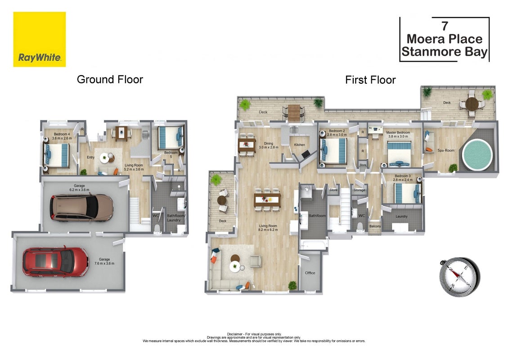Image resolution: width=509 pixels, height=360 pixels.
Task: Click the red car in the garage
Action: coord(55,261)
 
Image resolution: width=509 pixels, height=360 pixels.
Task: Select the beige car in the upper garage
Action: coord(81,208)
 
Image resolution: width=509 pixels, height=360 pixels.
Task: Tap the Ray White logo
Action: coord(40,39)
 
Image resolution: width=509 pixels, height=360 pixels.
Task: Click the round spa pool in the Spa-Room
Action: coord(477,155)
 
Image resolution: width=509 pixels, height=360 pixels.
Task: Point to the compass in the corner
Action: coord(459,277)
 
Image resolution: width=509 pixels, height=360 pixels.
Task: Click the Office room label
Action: coord(310,273)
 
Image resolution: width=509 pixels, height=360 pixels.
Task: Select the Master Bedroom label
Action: coord(398,132)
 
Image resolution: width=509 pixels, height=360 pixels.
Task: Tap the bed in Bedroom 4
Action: coord(57,156)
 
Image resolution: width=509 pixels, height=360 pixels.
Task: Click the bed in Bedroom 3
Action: coord(407,193)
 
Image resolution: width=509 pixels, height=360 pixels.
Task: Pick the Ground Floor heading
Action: coord(110,80)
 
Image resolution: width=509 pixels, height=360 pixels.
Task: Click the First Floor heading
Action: coord(370,80)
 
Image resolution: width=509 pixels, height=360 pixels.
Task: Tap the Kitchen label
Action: coord(299,145)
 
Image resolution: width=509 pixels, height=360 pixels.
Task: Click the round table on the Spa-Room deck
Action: coord(472,104)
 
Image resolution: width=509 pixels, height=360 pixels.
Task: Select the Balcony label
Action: coord(375,226)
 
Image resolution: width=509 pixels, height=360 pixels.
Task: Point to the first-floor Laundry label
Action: coord(401,216)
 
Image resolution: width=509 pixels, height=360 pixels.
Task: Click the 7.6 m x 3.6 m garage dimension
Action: coord(104,263)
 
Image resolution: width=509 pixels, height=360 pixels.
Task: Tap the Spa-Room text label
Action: coord(446,150)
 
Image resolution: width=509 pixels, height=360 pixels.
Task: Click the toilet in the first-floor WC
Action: coord(360,226)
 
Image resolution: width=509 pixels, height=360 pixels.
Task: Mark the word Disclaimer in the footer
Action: coord(235,334)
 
